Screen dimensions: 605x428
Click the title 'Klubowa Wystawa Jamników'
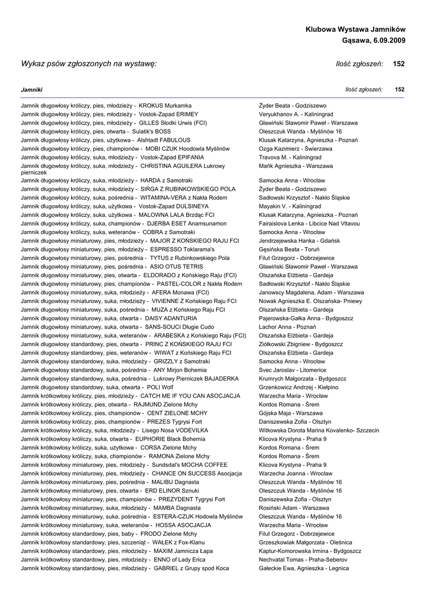coord(355,29)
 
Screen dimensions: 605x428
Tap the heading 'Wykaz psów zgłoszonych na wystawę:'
coord(89,63)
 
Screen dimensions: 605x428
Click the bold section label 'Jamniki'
coord(31,89)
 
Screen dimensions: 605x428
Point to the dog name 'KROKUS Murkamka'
coord(165,105)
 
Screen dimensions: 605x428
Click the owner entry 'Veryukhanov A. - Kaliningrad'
coord(296,114)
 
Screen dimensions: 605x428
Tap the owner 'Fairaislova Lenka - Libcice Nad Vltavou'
coord(310,224)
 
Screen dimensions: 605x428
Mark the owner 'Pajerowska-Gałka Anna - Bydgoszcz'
coord(306,318)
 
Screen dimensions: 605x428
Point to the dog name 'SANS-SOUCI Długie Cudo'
coord(180,327)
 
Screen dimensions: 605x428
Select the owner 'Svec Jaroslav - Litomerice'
coord(292,370)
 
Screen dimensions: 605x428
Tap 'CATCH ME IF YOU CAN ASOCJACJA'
coord(190,396)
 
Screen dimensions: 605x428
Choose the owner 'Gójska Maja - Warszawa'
coord(288,413)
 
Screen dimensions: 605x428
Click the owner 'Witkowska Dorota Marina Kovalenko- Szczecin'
coord(319,431)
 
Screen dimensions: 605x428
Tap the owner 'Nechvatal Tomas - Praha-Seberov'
coord(303,560)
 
